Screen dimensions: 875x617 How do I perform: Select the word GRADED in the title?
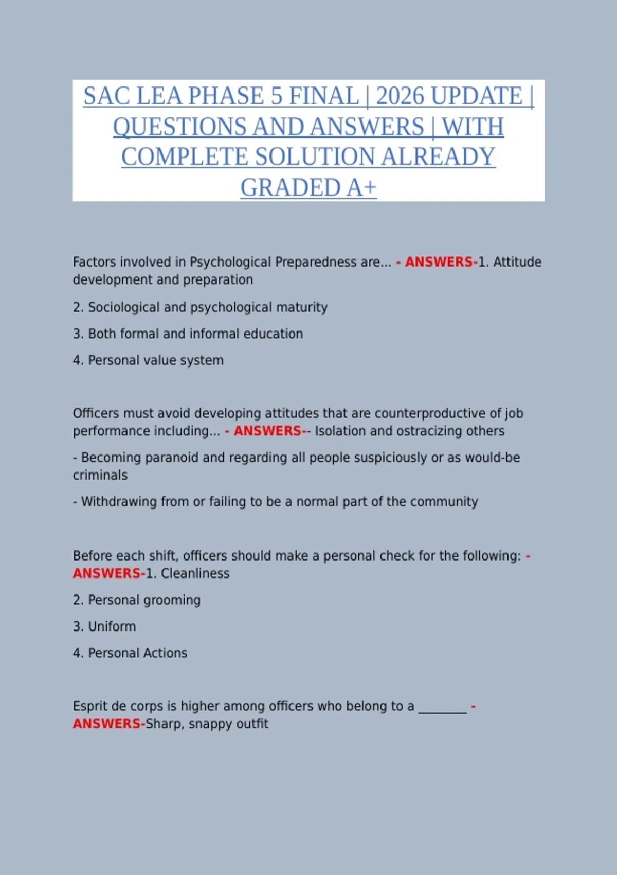[290, 188]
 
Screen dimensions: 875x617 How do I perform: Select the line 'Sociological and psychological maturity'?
[200, 307]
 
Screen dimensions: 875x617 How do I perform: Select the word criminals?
[100, 475]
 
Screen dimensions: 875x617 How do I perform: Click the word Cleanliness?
[195, 573]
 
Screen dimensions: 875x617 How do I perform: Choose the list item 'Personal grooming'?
[137, 600]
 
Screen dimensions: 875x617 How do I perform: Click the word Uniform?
[112, 626]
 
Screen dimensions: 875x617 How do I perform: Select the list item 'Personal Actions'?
[130, 653]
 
